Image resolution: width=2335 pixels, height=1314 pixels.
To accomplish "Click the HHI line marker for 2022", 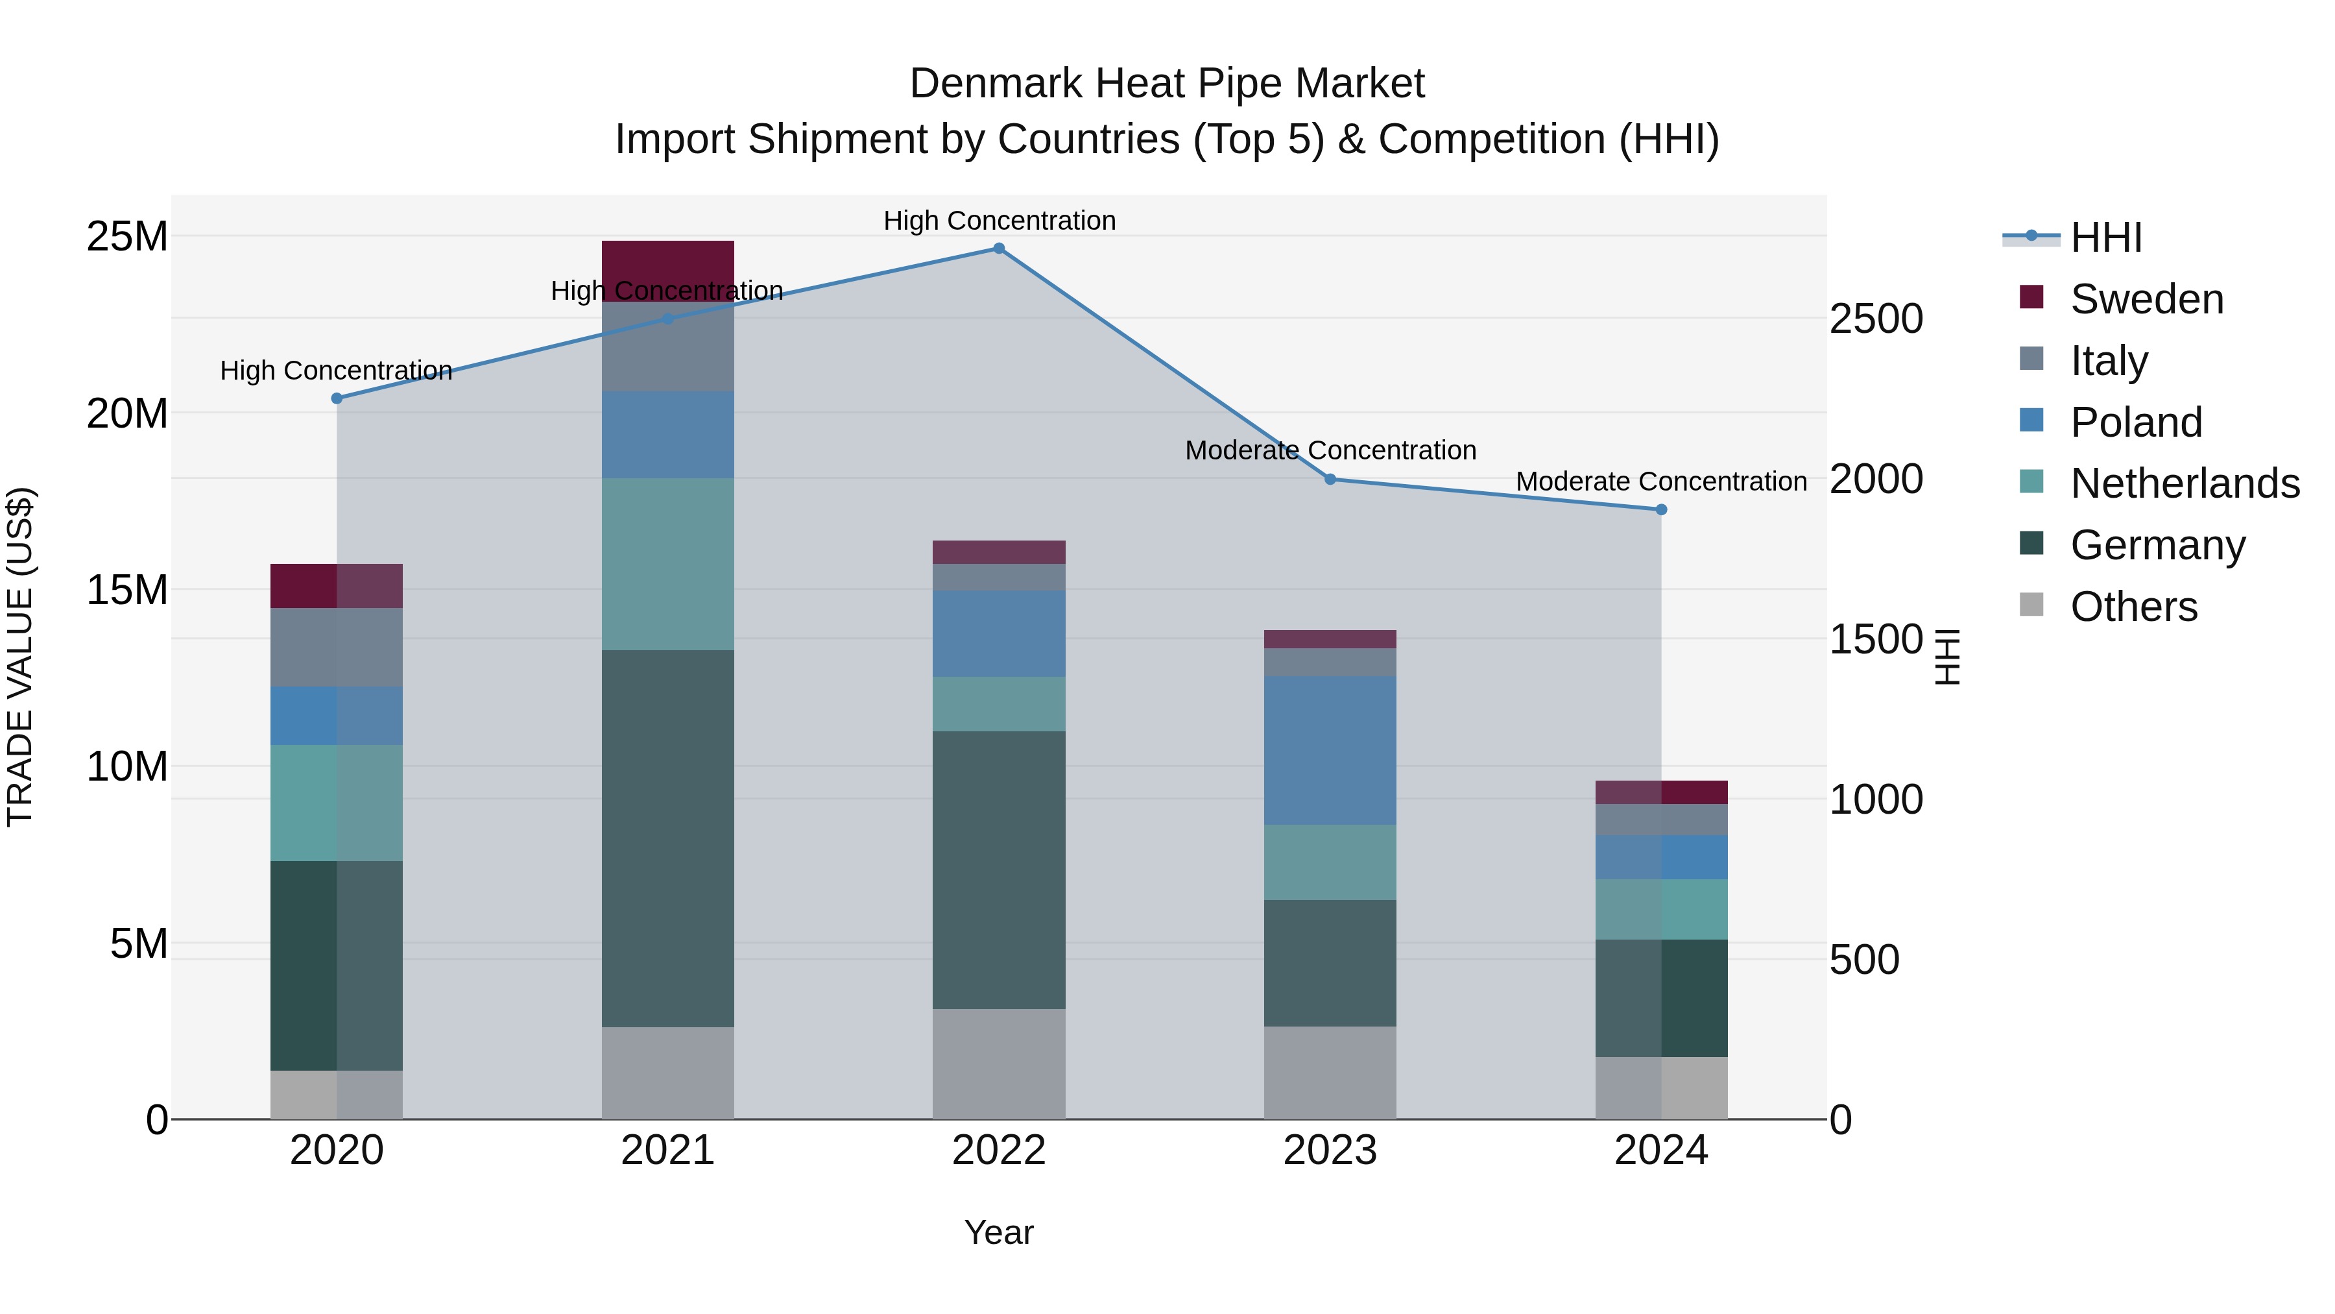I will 999,249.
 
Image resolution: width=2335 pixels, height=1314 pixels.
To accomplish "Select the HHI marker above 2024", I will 1662,509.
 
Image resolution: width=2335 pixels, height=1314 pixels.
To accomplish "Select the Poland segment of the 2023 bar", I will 1330,750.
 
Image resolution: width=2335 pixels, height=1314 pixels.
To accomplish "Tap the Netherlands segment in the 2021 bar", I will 668,563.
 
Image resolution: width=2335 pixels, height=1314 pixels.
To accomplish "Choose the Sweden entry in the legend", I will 2146,299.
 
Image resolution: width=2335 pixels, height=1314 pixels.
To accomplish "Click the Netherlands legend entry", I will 2185,483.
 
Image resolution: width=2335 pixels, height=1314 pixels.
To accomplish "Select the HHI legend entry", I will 2105,237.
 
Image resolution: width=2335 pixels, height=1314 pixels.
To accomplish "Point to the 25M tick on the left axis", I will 127,237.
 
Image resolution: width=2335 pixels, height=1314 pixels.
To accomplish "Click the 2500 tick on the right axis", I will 1875,319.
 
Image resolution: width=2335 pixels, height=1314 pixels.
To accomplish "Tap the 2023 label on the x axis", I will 1330,1150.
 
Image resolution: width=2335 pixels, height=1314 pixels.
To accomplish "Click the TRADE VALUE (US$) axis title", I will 20,657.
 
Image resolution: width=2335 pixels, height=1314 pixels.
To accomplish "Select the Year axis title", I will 999,1232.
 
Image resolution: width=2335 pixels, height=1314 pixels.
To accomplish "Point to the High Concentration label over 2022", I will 999,221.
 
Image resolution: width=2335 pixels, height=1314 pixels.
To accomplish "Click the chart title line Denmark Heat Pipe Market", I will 1167,84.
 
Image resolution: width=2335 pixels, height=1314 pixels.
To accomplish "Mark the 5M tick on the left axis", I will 139,944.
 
